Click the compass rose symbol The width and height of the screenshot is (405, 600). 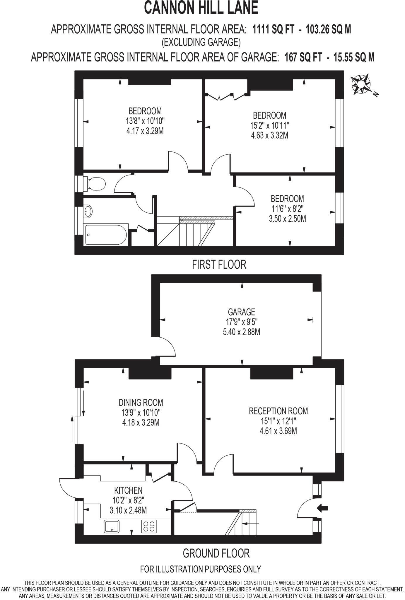[x=360, y=84]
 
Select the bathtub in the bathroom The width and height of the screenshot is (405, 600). [x=106, y=235]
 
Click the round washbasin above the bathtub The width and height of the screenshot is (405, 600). [x=88, y=211]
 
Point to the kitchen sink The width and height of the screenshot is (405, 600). [x=112, y=526]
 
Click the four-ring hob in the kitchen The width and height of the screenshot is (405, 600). [x=149, y=526]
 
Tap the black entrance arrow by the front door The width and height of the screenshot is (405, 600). [x=323, y=508]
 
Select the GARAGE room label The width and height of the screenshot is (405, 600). [x=242, y=312]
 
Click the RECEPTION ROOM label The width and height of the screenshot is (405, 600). [x=278, y=411]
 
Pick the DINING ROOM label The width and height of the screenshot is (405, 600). [x=141, y=402]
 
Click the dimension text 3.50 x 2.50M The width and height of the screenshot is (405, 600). [x=287, y=219]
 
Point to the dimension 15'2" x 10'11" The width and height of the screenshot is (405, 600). [x=269, y=125]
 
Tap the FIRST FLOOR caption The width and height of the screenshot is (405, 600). [x=219, y=265]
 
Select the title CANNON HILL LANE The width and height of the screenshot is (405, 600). [x=201, y=8]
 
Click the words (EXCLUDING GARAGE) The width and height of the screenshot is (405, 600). [x=201, y=43]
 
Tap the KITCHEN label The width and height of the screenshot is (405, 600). [x=128, y=490]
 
